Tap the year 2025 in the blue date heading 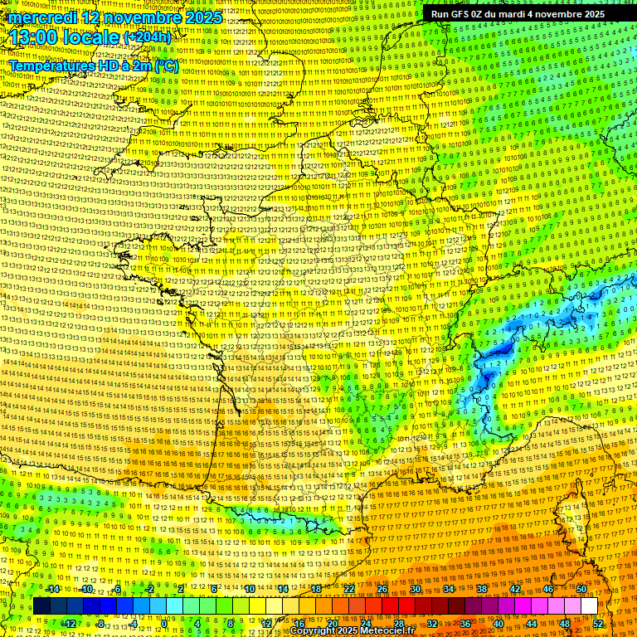click(202, 17)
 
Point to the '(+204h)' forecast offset click(148, 37)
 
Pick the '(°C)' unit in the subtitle click(164, 65)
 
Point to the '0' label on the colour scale click(165, 624)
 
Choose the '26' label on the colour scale click(382, 589)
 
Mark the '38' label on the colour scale click(482, 589)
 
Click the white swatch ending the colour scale click(589, 606)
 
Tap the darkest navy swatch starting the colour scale click(41, 606)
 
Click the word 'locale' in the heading click(93, 37)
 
